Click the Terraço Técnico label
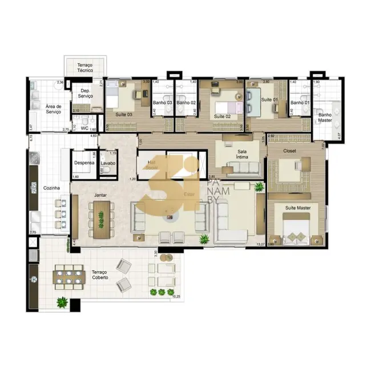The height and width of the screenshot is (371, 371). click(x=84, y=68)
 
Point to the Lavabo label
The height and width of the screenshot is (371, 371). click(x=108, y=163)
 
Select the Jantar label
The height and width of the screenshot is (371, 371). click(x=102, y=195)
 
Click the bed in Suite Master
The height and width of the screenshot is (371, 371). click(x=297, y=230)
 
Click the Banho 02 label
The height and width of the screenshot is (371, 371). click(x=186, y=103)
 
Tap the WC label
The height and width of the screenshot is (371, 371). click(x=84, y=129)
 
